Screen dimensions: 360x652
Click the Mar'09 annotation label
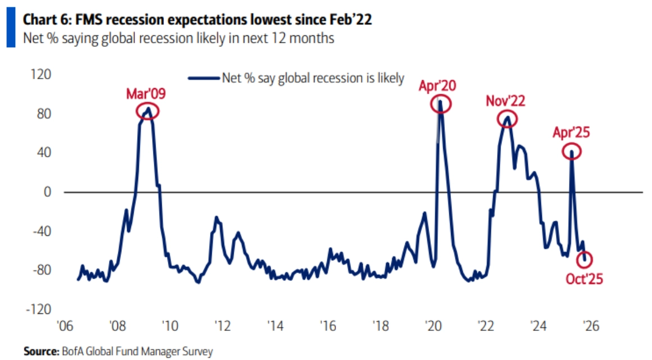(146, 93)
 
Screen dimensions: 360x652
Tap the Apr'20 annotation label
(437, 85)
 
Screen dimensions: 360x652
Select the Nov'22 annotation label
(505, 101)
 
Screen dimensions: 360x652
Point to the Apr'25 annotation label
(571, 133)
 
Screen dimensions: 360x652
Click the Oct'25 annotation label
(584, 278)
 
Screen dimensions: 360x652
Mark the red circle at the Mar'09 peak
(148, 111)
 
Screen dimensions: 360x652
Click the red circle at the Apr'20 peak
(440, 104)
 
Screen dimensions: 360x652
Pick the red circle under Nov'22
(507, 119)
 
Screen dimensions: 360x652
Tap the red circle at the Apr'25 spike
(572, 152)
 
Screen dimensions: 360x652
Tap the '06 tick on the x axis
(64, 325)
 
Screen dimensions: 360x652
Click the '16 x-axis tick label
(327, 325)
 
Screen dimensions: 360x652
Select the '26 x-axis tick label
(590, 325)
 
